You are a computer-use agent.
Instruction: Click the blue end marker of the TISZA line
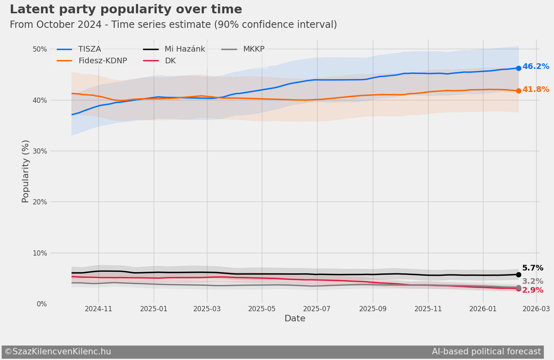518,68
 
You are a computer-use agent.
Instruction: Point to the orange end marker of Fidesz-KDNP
518,91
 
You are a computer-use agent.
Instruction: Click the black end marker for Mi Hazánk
518,275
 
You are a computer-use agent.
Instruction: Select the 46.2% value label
535,67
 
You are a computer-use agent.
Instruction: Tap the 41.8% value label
535,89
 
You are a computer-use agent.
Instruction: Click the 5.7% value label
533,268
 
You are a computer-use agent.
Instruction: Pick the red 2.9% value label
533,290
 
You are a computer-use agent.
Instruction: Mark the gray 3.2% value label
533,281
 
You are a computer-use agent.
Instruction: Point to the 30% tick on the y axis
40,151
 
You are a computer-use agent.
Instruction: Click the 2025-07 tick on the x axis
317,309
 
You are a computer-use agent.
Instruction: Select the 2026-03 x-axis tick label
536,309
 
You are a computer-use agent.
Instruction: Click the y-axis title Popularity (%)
25,171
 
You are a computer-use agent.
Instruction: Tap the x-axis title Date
295,319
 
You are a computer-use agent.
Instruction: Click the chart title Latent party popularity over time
126,10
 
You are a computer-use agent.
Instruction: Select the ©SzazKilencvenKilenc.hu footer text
58,352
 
